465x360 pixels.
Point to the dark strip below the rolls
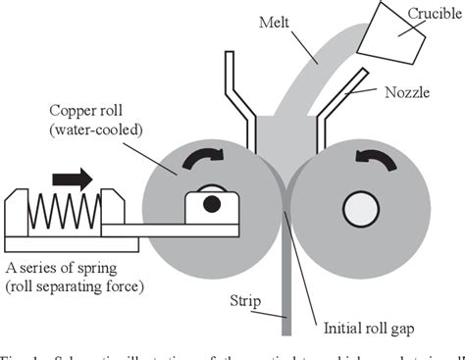point(284,294)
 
